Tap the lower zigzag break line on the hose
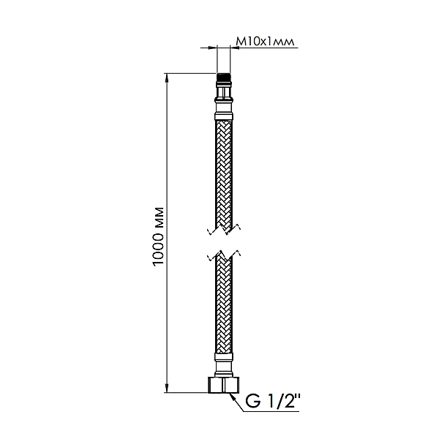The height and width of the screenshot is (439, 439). coord(225,257)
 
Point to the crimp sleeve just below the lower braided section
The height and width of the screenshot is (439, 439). coord(225,358)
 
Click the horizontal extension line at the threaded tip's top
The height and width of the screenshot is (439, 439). coord(190,73)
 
